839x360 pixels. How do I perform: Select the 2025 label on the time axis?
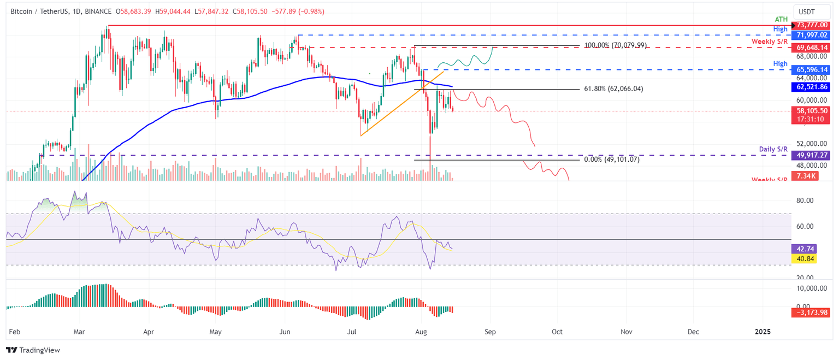point(762,332)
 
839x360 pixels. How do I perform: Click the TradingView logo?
point(33,350)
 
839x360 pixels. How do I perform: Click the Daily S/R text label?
point(773,149)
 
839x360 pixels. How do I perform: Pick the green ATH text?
point(781,19)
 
